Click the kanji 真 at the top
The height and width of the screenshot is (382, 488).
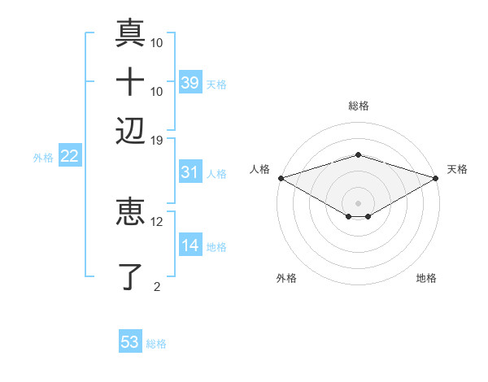[131, 34]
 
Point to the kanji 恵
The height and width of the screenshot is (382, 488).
[131, 213]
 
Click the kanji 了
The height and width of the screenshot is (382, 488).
[131, 276]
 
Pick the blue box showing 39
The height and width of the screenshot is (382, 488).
[190, 83]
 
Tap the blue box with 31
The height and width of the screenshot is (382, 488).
[190, 172]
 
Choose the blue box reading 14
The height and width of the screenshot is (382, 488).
[190, 246]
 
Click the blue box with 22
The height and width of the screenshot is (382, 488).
[69, 157]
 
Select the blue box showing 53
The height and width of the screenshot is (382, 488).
[130, 342]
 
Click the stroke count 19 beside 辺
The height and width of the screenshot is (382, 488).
[157, 140]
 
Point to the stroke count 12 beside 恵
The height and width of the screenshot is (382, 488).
[157, 221]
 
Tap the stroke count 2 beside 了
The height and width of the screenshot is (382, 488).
[157, 285]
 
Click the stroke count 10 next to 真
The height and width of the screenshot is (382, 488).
[157, 42]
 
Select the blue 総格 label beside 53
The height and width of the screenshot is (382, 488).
[156, 344]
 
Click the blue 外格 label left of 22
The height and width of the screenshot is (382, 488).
[42, 158]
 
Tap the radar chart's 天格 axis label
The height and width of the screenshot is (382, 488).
[457, 169]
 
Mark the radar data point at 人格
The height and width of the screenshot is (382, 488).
[281, 178]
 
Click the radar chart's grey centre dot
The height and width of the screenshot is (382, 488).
[358, 202]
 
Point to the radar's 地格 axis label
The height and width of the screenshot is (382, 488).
[426, 279]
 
